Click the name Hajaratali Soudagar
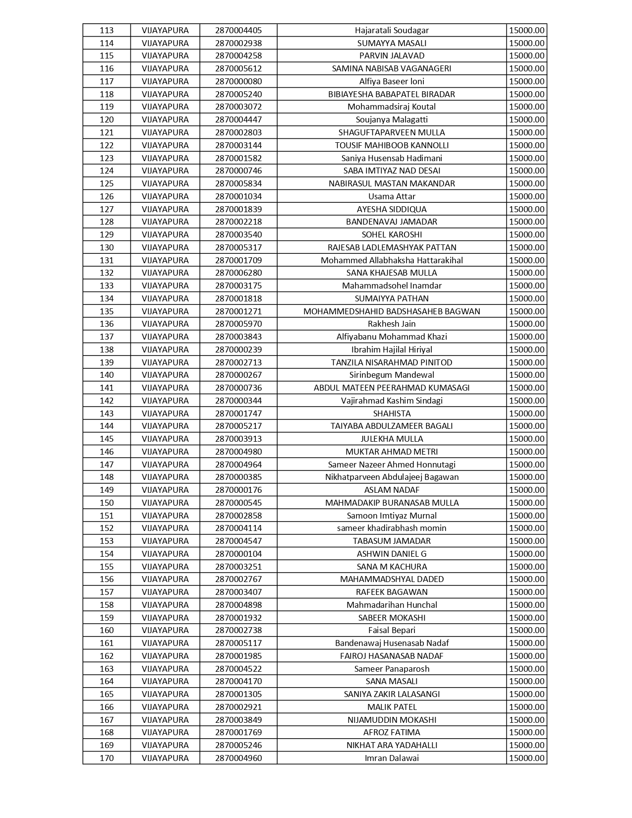click(392, 30)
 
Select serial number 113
click(107, 30)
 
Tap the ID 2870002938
click(238, 43)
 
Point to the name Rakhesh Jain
click(392, 324)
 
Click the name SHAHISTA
click(392, 413)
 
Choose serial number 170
click(107, 758)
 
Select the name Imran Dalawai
click(392, 758)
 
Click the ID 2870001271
click(238, 311)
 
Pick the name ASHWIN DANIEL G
click(392, 554)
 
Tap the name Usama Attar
click(392, 196)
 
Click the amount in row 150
click(526, 503)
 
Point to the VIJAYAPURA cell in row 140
click(165, 375)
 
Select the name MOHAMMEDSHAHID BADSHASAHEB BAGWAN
click(392, 311)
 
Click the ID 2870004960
click(238, 758)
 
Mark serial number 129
click(107, 234)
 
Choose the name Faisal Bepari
click(392, 630)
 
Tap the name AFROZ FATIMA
click(392, 732)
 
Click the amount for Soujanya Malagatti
click(526, 119)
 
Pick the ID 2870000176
click(238, 490)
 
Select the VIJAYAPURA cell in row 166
click(165, 707)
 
